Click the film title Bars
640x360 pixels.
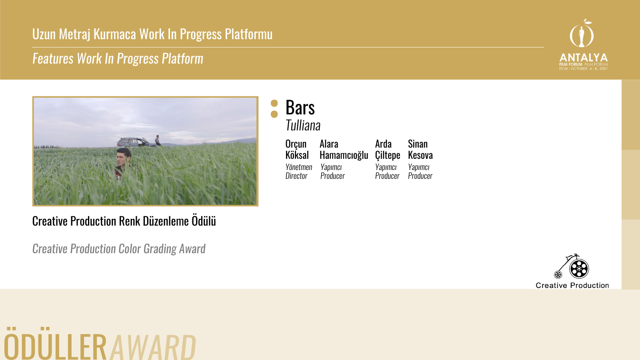tap(300, 108)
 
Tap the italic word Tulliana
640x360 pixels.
tap(303, 126)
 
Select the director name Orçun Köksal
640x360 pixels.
tap(297, 150)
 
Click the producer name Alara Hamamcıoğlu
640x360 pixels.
tap(344, 150)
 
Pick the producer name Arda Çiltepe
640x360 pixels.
tap(388, 150)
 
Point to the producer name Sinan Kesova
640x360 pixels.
tap(420, 150)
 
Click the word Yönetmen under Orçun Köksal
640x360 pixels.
tap(299, 167)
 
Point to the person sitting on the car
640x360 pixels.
tap(158, 140)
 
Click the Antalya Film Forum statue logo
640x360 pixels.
tap(582, 34)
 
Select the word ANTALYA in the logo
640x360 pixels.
tap(584, 58)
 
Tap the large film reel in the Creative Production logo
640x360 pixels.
tap(579, 268)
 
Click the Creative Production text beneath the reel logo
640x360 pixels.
tap(572, 286)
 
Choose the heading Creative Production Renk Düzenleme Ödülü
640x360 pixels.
tap(124, 221)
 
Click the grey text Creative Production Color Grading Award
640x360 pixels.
tap(119, 249)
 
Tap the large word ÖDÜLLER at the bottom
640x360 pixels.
tap(56, 344)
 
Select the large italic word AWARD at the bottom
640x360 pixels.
tap(153, 346)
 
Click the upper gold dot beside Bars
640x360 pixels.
tap(274, 103)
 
